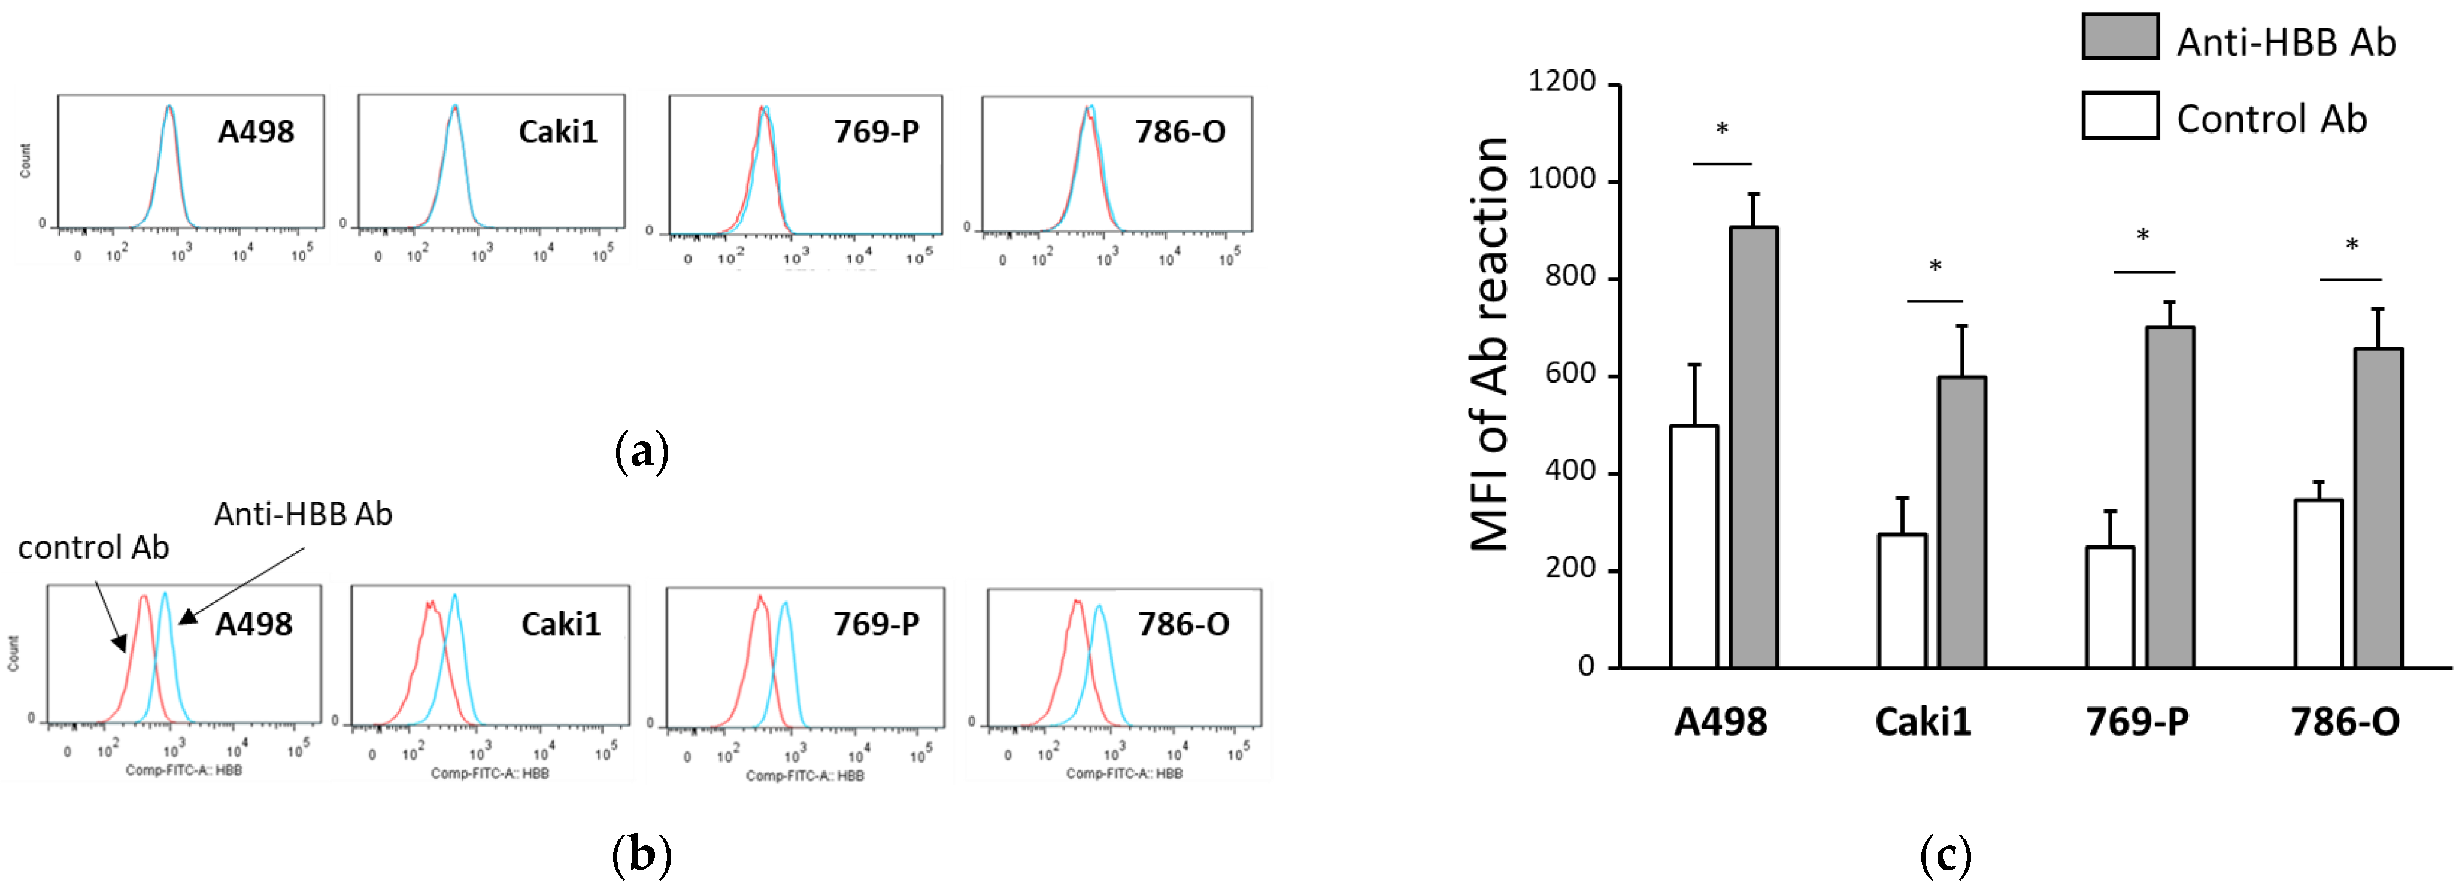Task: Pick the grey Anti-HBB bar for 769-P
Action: click(2170, 497)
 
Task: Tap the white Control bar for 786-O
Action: click(2318, 583)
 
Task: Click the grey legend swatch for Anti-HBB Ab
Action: click(2120, 37)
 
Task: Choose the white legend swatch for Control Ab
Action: click(2120, 116)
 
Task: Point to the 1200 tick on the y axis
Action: click(1562, 82)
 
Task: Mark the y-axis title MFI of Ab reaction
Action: click(1489, 344)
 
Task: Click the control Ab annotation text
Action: click(93, 548)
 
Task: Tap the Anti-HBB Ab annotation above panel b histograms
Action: click(303, 514)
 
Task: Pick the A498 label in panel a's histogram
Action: click(256, 132)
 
